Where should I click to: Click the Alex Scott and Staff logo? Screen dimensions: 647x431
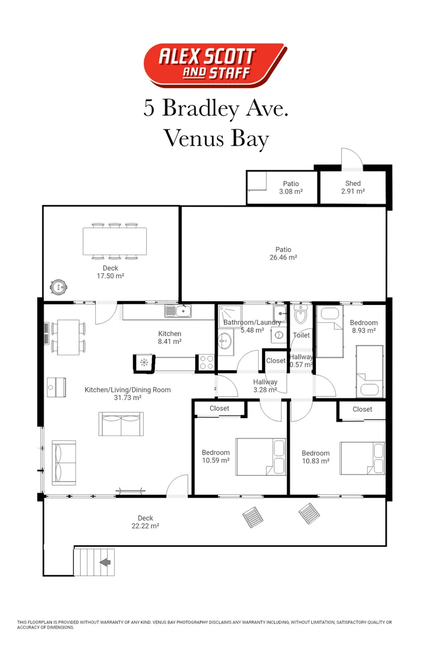point(215,64)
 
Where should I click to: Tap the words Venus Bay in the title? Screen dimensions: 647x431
point(215,138)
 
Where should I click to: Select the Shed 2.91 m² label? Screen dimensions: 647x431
point(353,188)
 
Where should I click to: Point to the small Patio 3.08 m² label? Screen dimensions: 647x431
point(291,188)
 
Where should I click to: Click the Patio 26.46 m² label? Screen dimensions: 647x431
point(283,253)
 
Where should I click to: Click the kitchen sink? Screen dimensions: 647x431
point(178,310)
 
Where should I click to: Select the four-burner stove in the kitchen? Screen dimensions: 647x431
point(207,362)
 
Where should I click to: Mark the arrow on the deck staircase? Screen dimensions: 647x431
point(105,562)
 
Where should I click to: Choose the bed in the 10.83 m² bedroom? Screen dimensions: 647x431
point(362,458)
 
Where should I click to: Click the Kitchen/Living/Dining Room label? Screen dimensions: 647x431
point(128,394)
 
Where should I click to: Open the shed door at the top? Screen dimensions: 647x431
point(351,158)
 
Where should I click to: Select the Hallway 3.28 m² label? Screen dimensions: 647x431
point(265,386)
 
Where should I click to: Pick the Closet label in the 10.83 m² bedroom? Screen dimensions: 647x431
point(362,409)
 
